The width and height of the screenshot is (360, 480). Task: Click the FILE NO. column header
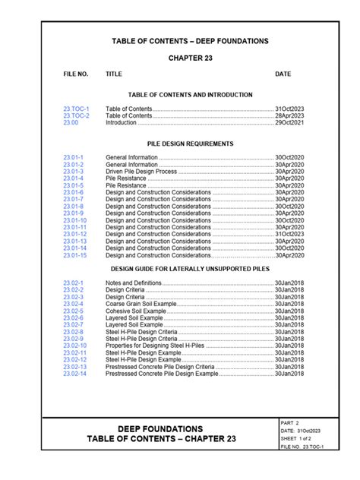76,74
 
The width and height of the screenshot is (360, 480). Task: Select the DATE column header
283,74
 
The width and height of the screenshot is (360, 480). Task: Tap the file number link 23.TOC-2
76,115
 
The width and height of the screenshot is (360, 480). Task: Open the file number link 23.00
71,122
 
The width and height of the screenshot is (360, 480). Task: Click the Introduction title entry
121,122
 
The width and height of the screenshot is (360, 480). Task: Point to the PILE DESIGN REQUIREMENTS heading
190,144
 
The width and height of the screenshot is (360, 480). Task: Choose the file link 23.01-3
74,172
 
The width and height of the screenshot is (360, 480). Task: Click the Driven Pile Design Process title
141,172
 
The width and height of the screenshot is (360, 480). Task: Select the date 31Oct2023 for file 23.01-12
289,234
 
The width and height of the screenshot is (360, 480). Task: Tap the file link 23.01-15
75,255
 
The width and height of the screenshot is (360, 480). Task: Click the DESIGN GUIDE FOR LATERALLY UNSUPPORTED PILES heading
190,269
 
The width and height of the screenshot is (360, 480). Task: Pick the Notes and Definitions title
134,283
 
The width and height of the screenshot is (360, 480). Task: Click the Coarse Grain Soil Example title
141,304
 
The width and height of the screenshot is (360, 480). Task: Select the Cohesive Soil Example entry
134,311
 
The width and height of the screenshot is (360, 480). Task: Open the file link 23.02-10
75,346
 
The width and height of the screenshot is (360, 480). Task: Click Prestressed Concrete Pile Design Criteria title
160,367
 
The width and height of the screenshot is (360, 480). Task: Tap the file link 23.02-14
75,374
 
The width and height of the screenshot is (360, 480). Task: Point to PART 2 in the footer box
290,422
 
